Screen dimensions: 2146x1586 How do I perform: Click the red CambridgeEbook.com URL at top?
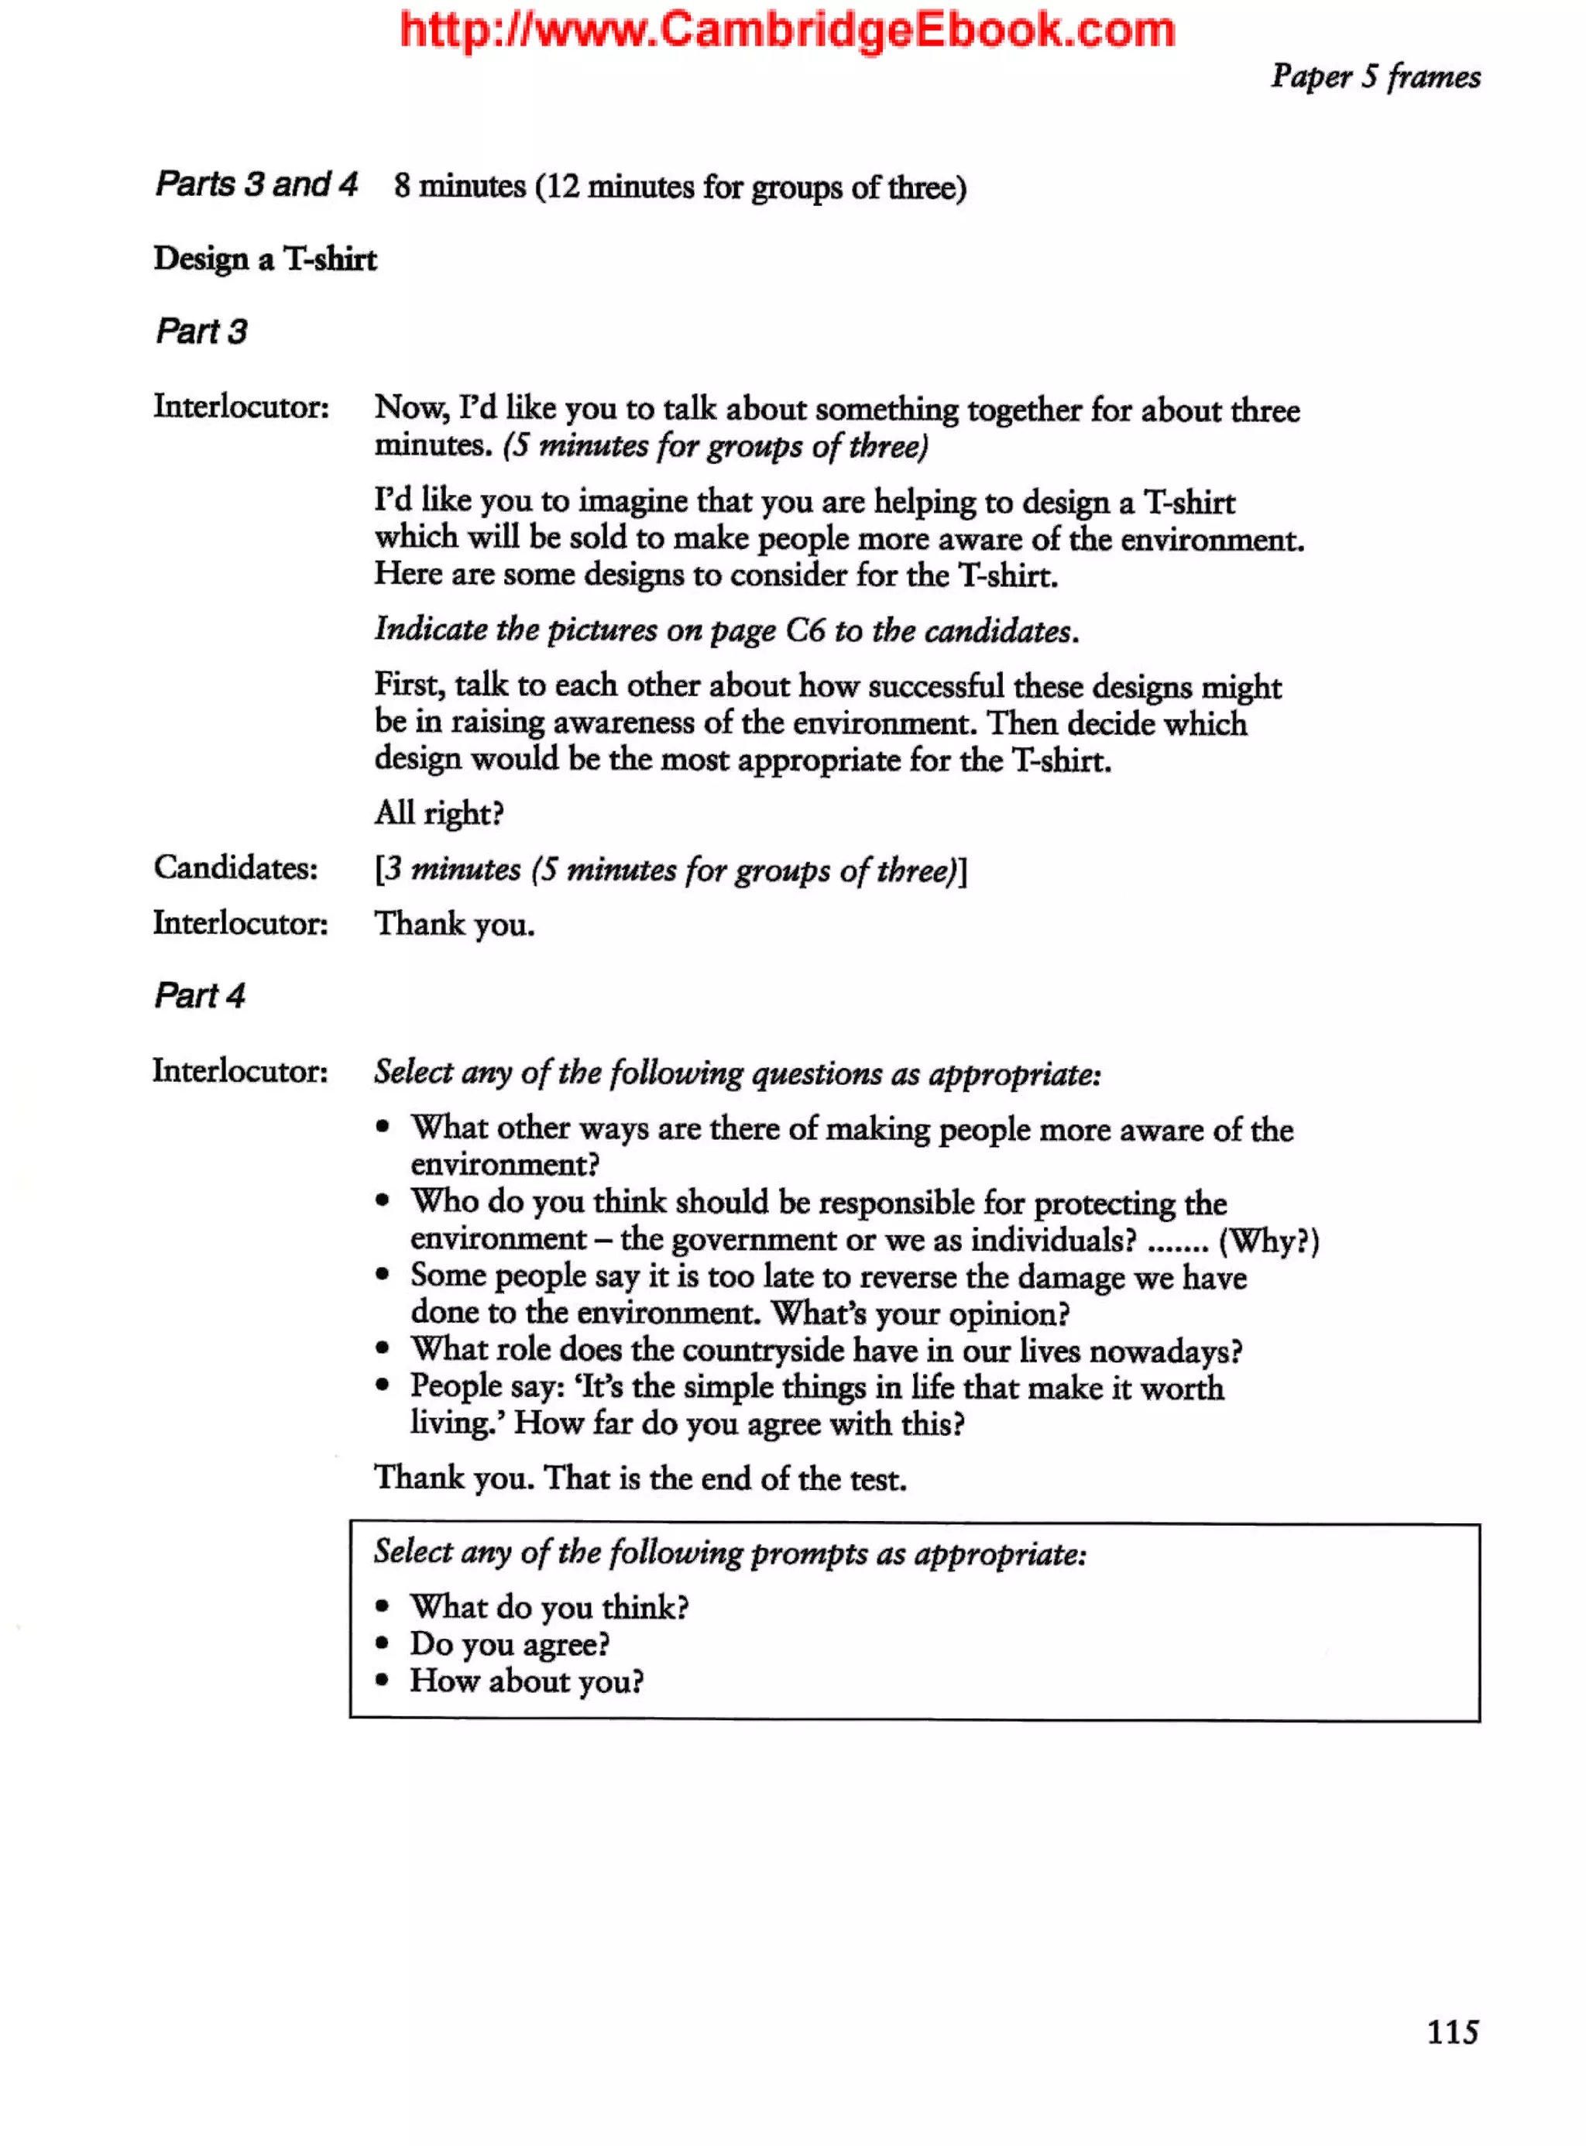pos(788,31)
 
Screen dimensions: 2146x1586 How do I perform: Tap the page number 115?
pos(1451,2031)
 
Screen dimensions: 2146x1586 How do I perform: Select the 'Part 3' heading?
pos(201,331)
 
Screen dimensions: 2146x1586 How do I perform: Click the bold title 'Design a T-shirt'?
pos(265,259)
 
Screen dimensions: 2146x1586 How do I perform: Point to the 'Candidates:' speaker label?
pos(235,868)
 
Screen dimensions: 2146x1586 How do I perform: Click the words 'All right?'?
pos(439,813)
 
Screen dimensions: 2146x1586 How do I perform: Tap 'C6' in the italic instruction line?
pos(805,631)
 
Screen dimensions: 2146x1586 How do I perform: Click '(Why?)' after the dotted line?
pos(1268,1241)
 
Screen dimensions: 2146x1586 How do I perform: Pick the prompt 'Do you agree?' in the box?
pos(510,1645)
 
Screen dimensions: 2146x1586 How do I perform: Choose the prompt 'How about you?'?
pos(526,1681)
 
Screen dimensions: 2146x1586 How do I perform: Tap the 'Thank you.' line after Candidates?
pos(454,924)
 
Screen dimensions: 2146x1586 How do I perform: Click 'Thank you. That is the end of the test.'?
pos(640,1478)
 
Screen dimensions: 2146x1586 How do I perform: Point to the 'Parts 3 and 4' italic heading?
pos(256,184)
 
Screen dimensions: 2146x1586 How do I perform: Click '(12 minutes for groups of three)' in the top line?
pos(750,187)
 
